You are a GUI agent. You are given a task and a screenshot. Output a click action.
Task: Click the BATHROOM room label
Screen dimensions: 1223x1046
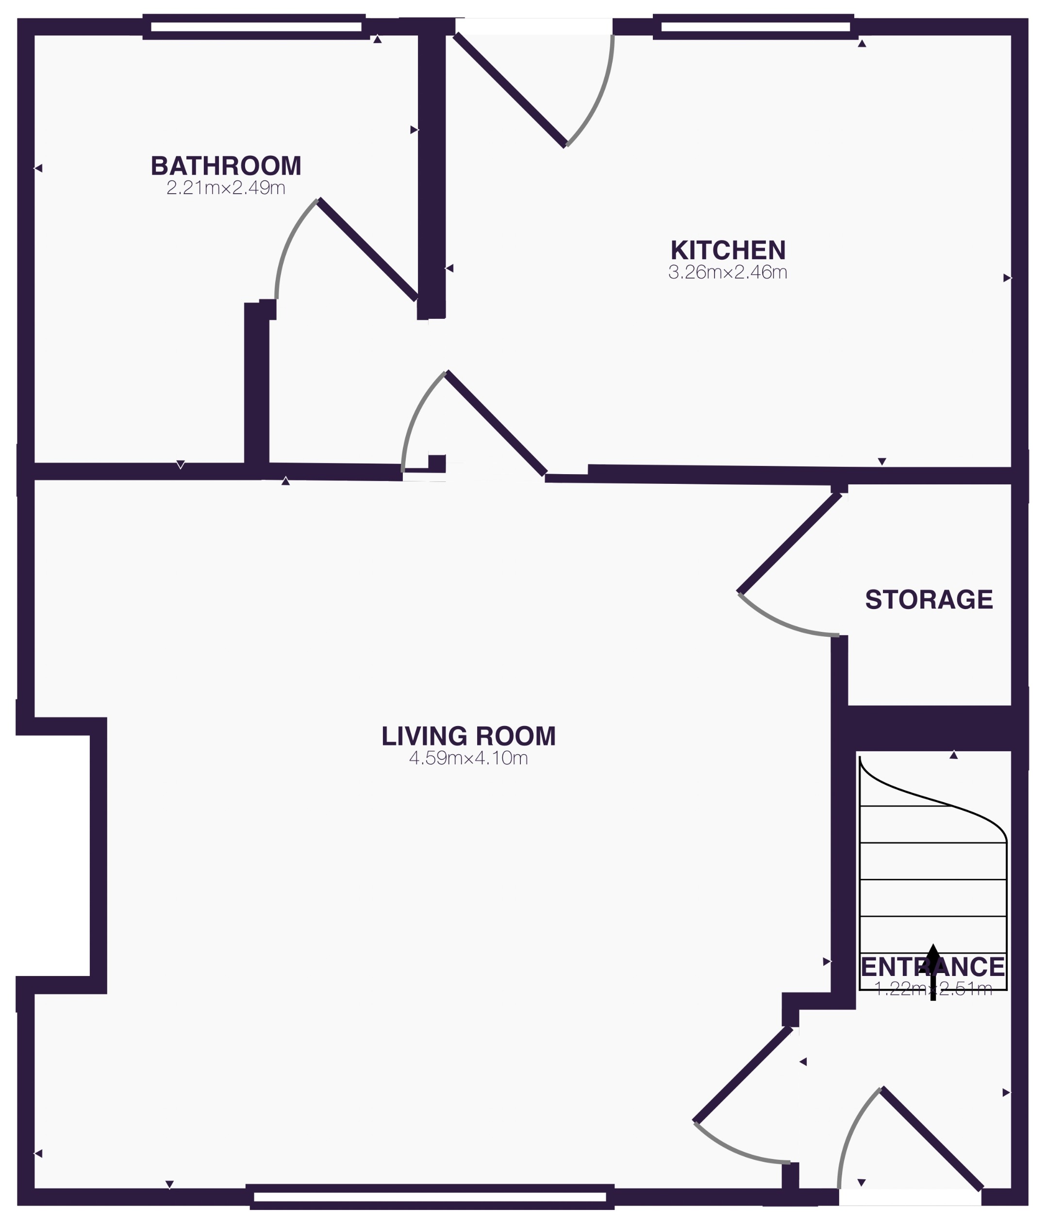click(226, 166)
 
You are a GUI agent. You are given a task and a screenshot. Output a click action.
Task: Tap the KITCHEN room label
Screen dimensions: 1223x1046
click(728, 251)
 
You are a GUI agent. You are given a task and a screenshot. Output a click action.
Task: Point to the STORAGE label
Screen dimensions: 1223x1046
click(929, 600)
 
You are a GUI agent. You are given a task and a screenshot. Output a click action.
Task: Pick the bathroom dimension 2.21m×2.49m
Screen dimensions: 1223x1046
click(226, 188)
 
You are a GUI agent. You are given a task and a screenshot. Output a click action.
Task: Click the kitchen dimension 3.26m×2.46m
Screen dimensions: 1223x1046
click(728, 273)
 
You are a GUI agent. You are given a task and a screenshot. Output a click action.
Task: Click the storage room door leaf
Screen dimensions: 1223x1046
click(790, 544)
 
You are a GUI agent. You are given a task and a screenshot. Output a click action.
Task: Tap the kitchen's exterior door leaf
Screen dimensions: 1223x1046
click(510, 90)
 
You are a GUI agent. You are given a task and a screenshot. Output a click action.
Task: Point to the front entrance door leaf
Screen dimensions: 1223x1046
click(931, 1139)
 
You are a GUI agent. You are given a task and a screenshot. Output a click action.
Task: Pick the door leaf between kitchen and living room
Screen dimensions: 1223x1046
click(495, 423)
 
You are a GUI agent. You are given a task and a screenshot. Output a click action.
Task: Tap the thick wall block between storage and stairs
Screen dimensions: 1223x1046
click(930, 728)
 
